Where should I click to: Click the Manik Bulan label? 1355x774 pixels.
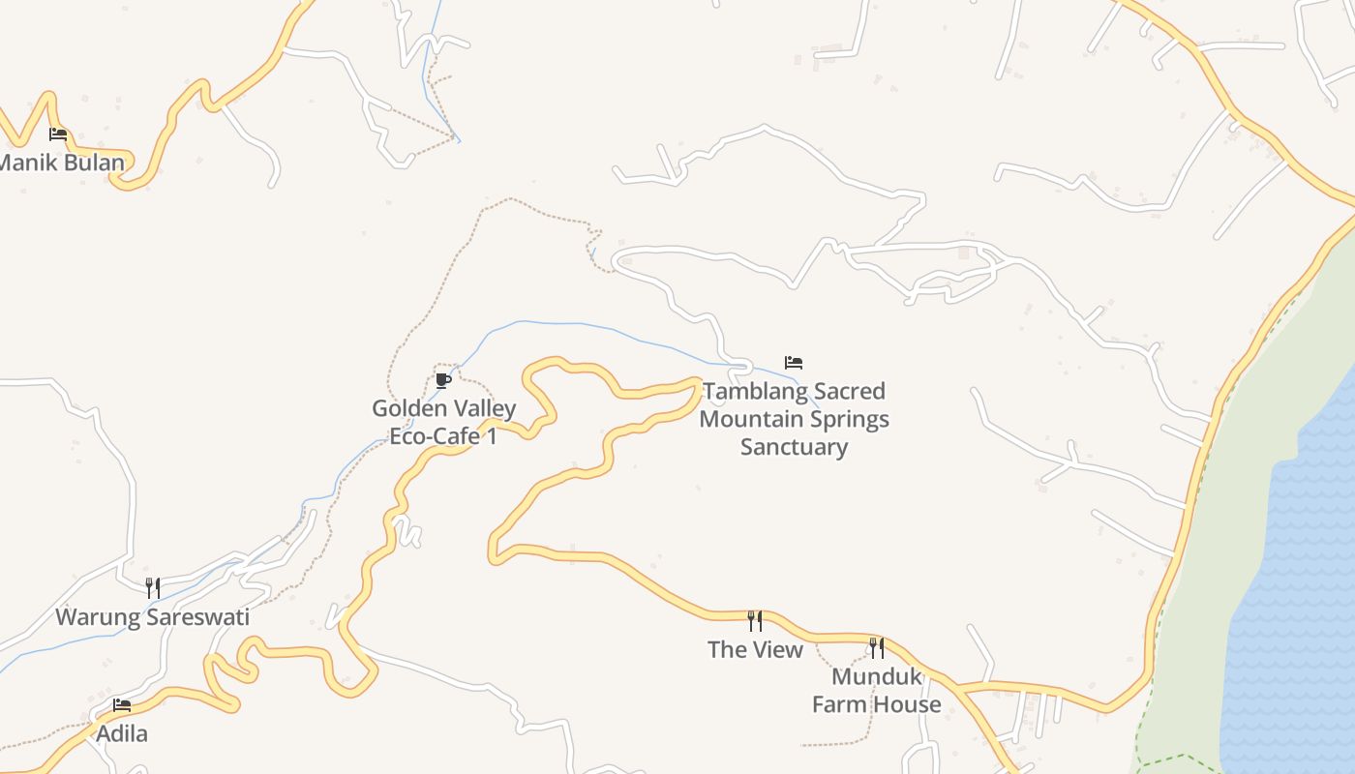coord(64,163)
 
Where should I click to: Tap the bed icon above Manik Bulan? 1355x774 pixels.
coord(58,134)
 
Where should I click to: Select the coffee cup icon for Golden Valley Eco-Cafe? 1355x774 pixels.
coord(443,380)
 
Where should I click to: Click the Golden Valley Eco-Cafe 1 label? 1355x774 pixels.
coord(444,423)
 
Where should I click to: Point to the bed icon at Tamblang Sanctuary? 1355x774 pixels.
coord(794,363)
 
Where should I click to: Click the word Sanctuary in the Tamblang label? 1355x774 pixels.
coord(794,447)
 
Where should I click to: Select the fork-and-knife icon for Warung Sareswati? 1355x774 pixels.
coord(152,588)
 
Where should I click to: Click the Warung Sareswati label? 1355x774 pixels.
coord(152,617)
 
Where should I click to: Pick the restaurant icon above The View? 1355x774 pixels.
coord(755,621)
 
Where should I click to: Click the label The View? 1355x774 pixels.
coord(755,649)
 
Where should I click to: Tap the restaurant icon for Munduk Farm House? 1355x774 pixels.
coord(876,647)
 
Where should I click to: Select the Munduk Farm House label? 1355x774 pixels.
coord(876,691)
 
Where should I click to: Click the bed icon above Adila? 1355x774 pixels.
coord(121,705)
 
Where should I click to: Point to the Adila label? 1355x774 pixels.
coord(122,734)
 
